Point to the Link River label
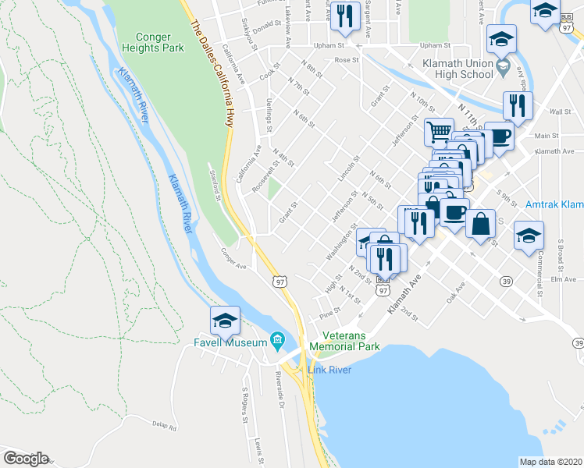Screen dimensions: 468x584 pyautogui.click(x=329, y=369)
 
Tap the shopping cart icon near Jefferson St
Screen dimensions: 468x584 pyautogui.click(x=439, y=132)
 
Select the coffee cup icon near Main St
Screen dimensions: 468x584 pyautogui.click(x=499, y=135)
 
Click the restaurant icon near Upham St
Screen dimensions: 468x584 pyautogui.click(x=344, y=16)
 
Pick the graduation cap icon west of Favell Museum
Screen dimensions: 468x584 pyautogui.click(x=224, y=320)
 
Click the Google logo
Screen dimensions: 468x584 pyautogui.click(x=26, y=459)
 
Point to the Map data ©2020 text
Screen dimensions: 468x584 pyautogui.click(x=550, y=462)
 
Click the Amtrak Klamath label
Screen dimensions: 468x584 pyautogui.click(x=555, y=204)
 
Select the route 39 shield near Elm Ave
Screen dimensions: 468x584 pyautogui.click(x=506, y=281)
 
